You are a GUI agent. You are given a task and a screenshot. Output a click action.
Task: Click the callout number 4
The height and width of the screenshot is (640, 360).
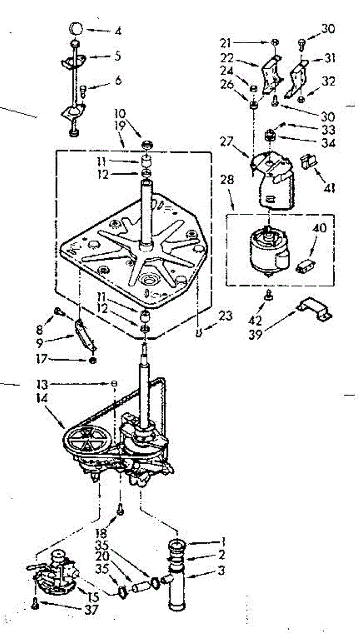click(x=118, y=30)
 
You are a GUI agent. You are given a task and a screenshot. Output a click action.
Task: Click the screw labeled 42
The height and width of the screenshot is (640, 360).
click(x=270, y=295)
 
